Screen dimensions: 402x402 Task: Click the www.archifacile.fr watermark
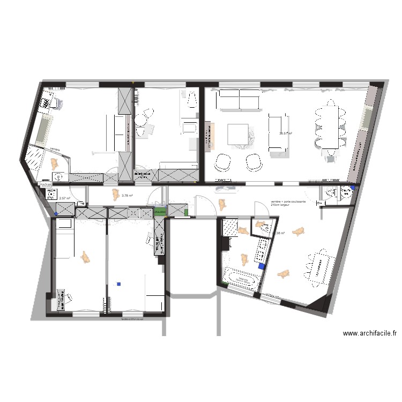coord(369,333)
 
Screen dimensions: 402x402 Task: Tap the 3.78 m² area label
coord(128,196)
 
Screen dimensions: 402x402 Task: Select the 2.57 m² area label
coord(65,198)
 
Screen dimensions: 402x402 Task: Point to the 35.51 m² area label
coord(285,134)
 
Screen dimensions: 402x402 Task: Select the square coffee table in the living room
coord(237,134)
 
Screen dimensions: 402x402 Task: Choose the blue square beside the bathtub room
coord(261,265)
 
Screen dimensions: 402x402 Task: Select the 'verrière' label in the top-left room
coord(55,148)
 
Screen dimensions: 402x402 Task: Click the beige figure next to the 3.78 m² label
coord(114,195)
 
